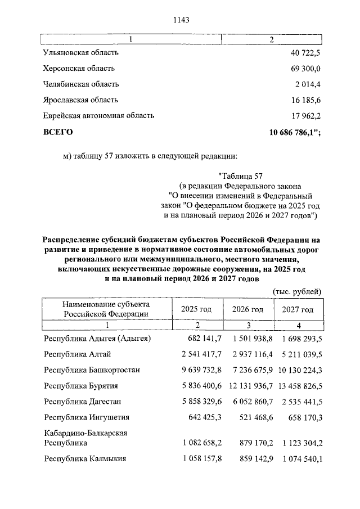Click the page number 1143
(180, 20)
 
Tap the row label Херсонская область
(79, 68)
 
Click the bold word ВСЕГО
(58, 132)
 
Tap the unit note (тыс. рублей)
(296, 291)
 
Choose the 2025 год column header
(196, 309)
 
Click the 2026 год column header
(247, 309)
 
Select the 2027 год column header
(298, 309)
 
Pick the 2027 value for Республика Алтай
(299, 354)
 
